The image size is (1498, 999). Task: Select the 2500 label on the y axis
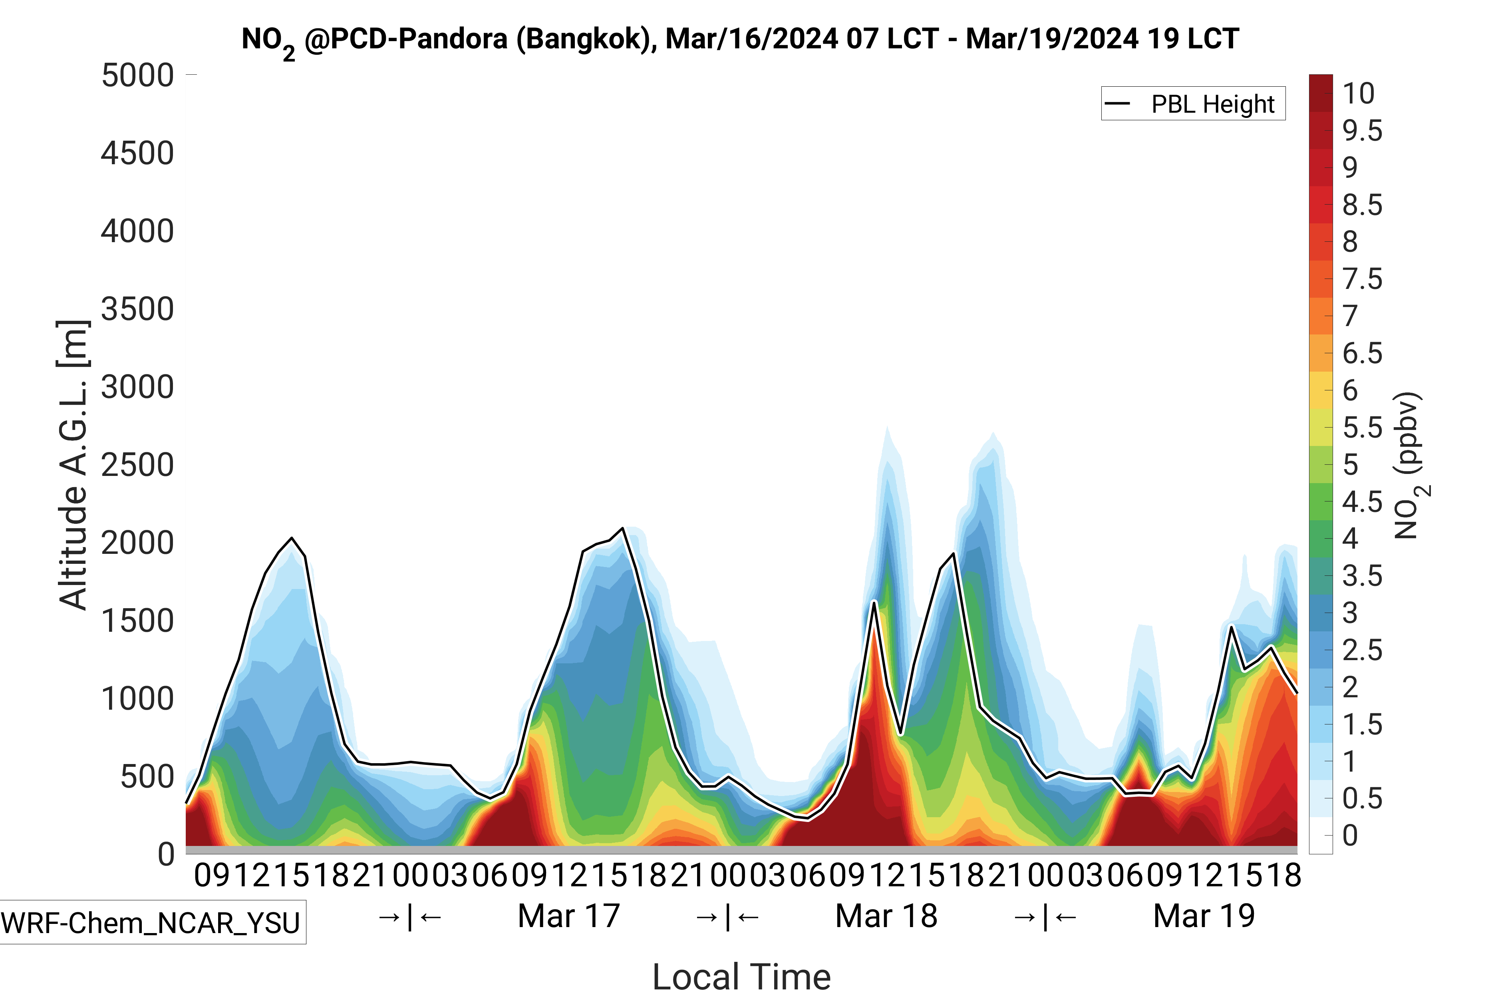[137, 465]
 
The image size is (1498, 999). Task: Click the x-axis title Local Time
[741, 976]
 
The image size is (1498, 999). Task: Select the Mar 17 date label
[569, 916]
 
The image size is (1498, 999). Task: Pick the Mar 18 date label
[886, 916]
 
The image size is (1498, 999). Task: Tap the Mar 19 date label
[1204, 916]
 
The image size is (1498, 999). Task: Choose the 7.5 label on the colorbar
[1362, 279]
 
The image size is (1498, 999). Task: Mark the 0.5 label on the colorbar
[1362, 798]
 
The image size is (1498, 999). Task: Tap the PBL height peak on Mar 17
[623, 528]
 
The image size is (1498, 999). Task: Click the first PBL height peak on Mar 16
[292, 538]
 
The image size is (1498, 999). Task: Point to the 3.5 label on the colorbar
[1362, 576]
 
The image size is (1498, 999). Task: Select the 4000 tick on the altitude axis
[137, 231]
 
